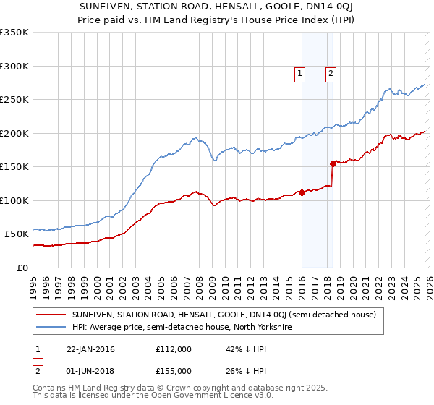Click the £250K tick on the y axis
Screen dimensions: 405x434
(x=14, y=100)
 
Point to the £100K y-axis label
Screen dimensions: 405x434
(x=14, y=200)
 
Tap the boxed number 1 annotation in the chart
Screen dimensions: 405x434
(x=299, y=72)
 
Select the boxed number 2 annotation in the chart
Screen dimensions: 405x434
(x=331, y=72)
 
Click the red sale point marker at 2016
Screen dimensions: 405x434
(x=302, y=192)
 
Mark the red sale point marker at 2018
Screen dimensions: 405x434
(x=332, y=163)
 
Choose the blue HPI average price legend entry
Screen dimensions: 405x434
(x=181, y=327)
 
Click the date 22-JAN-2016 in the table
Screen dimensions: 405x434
(x=90, y=349)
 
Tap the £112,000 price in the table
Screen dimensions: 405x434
(x=173, y=349)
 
